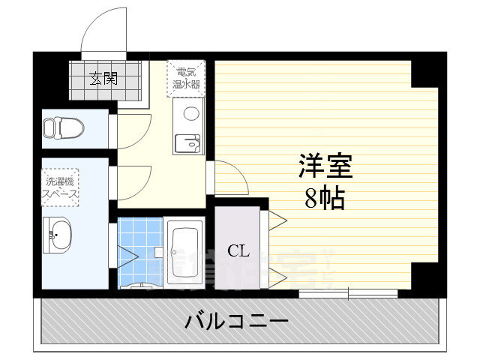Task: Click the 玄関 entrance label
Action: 104,77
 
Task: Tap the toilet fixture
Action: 60,127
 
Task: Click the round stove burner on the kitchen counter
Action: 191,114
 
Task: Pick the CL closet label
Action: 238,250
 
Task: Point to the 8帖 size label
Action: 324,199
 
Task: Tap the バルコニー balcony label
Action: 236,322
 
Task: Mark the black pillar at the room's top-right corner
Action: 424,70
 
